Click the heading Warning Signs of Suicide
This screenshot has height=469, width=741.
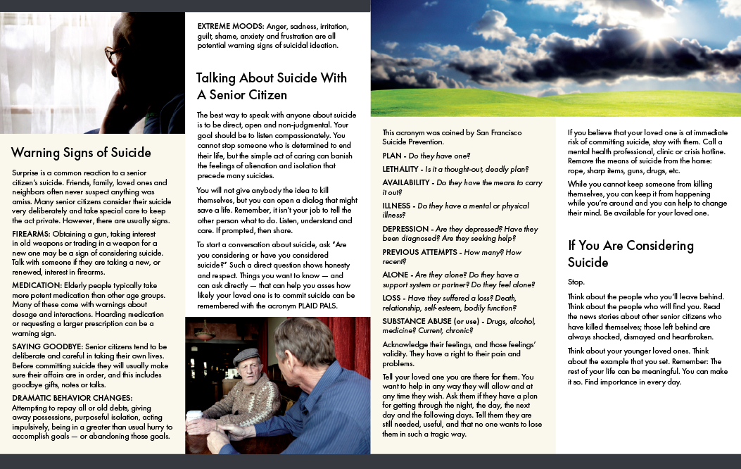(81, 153)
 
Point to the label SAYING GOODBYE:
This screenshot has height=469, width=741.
(45, 346)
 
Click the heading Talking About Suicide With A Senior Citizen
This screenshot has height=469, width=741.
(272, 87)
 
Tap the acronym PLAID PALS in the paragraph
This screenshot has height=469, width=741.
(320, 306)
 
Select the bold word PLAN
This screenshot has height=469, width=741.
(392, 155)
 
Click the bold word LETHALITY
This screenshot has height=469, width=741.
(400, 169)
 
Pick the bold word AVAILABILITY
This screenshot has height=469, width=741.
(406, 182)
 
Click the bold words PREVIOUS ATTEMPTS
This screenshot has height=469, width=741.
(419, 252)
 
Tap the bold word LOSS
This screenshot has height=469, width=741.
(393, 298)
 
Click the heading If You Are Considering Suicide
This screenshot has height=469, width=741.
(631, 254)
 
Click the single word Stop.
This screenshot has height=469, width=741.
(576, 281)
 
